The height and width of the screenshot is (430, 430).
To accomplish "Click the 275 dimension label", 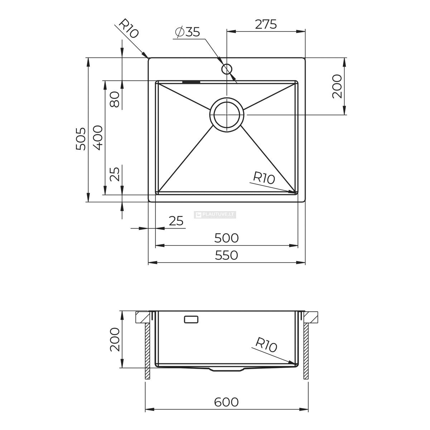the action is (266, 24).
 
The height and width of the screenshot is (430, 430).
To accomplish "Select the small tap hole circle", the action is (227, 69).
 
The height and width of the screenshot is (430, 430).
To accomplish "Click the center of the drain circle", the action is (227, 114).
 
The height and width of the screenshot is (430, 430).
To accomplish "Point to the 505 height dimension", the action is (81, 139).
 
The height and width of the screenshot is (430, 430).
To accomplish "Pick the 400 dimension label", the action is (98, 138).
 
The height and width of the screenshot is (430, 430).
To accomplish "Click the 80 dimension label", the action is (115, 100).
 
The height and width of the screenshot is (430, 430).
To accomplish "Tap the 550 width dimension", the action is (226, 255).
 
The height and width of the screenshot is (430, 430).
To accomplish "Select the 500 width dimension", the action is (226, 238).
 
